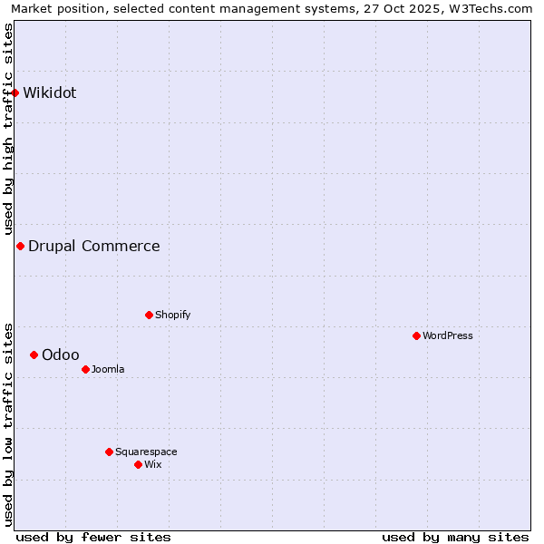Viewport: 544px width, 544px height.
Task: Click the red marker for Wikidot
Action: click(x=15, y=92)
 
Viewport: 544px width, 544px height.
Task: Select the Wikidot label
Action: click(x=50, y=92)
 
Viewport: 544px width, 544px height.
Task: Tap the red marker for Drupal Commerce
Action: click(x=20, y=246)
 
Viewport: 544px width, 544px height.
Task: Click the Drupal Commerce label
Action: click(x=94, y=246)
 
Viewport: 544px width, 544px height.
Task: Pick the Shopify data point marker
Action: click(x=149, y=315)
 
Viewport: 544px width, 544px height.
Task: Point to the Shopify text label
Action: click(x=172, y=315)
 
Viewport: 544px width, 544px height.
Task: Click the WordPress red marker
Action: click(x=416, y=335)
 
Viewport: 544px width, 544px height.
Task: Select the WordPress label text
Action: click(x=448, y=335)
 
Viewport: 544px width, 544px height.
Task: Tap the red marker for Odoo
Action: click(x=34, y=355)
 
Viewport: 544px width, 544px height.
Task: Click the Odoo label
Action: click(x=61, y=355)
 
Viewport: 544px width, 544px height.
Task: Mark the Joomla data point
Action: click(x=85, y=369)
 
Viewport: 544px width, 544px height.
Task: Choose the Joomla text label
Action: click(x=108, y=369)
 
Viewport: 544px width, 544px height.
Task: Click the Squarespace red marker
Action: click(x=109, y=452)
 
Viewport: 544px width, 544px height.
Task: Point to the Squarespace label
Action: click(x=146, y=452)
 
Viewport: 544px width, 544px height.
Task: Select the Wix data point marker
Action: click(x=138, y=464)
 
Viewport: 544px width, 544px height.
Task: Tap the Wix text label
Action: click(x=153, y=464)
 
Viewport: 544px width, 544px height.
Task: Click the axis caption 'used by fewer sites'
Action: click(x=93, y=537)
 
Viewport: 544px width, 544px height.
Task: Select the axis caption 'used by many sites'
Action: click(x=455, y=537)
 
